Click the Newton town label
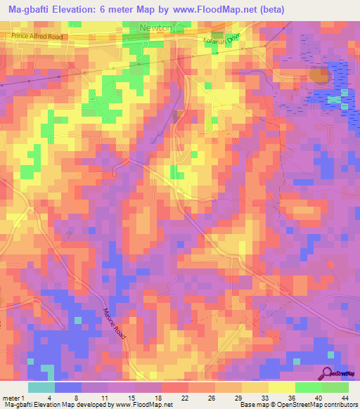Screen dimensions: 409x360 coord(157,27)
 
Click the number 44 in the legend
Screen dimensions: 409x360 coord(343,398)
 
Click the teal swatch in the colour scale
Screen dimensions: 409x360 coord(41,387)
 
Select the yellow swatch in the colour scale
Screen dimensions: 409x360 coord(281,387)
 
